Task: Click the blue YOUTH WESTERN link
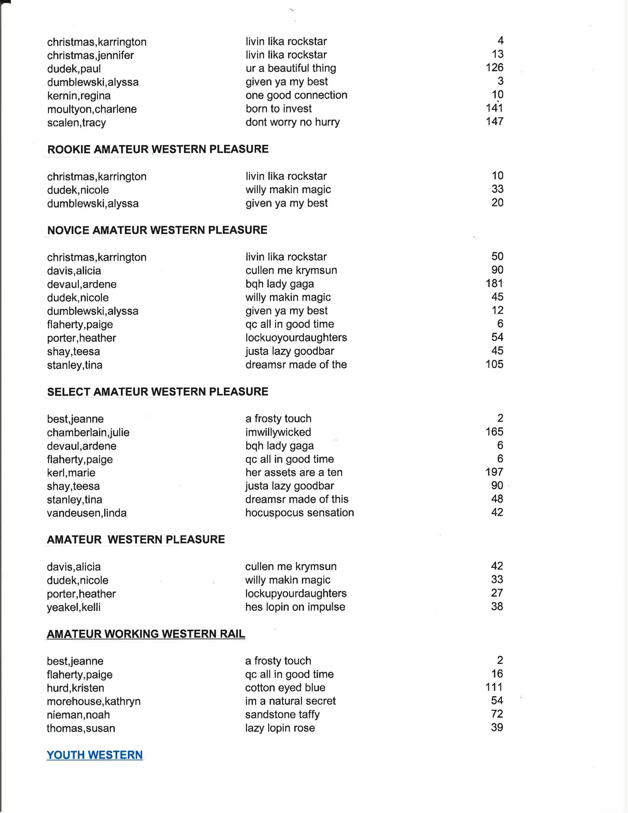(95, 755)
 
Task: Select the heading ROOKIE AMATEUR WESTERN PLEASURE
(158, 149)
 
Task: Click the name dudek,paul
(74, 69)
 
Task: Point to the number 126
(494, 68)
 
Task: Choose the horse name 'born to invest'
(278, 109)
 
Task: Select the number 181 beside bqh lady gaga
(494, 284)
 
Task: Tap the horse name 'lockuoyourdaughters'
(296, 338)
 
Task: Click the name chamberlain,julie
(88, 433)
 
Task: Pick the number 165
(494, 432)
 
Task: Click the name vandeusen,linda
(86, 513)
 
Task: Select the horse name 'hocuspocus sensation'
(299, 513)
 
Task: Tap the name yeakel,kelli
(73, 608)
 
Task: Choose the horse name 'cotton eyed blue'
(285, 688)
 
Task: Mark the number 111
(494, 687)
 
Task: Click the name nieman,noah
(78, 715)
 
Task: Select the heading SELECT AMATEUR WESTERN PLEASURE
(157, 392)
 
